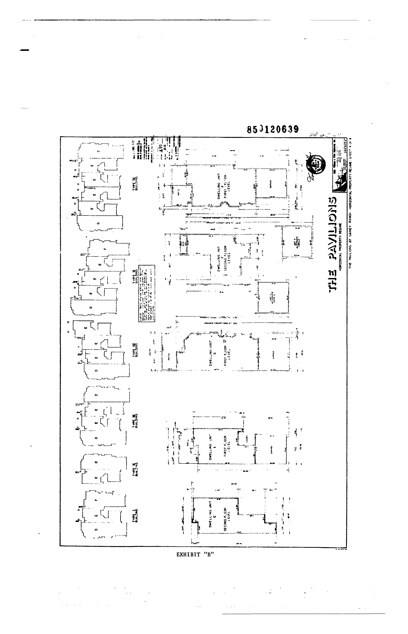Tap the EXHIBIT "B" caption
(x=195, y=554)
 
